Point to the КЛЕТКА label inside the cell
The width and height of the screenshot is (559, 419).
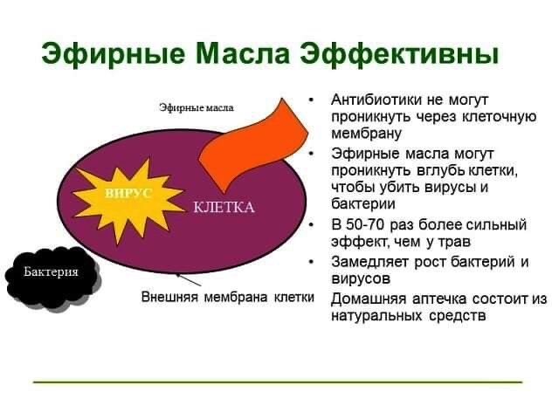click(224, 207)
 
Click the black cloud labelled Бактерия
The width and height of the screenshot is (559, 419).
click(52, 272)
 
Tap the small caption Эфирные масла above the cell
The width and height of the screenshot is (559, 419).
click(197, 107)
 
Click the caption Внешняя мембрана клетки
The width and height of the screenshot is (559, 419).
click(227, 297)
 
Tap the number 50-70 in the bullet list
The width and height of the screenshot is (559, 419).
click(369, 224)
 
